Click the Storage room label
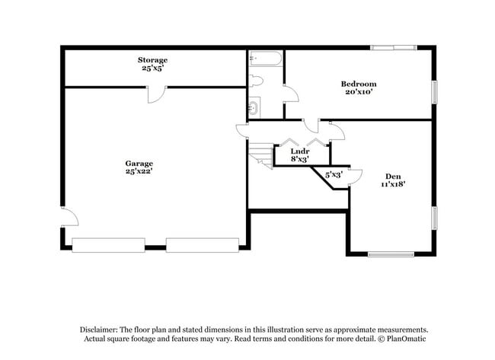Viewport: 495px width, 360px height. point(152,59)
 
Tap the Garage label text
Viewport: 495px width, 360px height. point(139,163)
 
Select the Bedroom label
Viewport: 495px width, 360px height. point(358,84)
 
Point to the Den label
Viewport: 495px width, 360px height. point(393,175)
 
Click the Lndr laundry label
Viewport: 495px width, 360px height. point(299,151)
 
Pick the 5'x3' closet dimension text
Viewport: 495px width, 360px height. point(334,174)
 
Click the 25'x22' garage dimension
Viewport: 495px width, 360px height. point(139,172)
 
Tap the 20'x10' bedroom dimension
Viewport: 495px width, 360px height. point(358,92)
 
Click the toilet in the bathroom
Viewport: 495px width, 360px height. point(256,80)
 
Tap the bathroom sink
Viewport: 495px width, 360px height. point(254,107)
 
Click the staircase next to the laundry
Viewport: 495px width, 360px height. point(261,156)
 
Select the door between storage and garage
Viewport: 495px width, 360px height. point(155,94)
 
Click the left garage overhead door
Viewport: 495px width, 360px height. point(108,244)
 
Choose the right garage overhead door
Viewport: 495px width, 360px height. point(202,244)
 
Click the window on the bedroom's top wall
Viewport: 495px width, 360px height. point(394,48)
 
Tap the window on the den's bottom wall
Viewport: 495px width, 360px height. point(391,254)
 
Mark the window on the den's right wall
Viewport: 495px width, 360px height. point(436,217)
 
